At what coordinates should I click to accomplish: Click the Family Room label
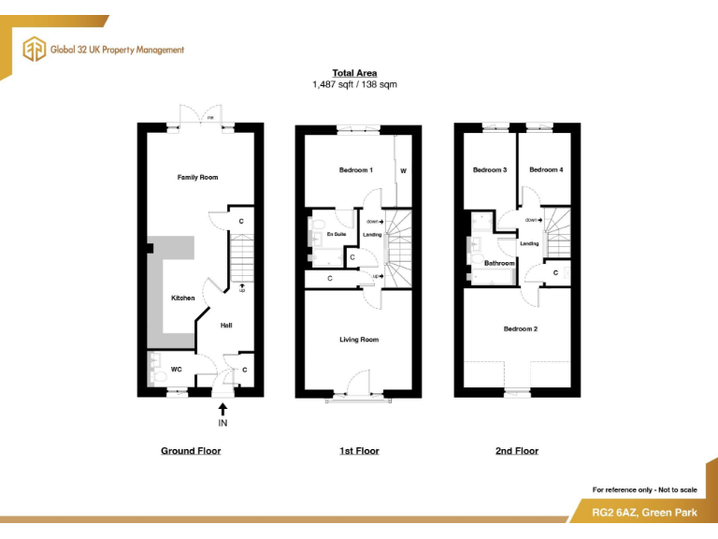click(197, 177)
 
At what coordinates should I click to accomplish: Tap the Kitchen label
click(182, 298)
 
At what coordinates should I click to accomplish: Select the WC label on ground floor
click(175, 370)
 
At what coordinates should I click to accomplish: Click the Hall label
click(226, 326)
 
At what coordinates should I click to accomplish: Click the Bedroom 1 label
click(356, 170)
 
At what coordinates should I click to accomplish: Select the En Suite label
click(337, 235)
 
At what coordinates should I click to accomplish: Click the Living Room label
click(359, 340)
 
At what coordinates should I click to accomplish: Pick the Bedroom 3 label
click(490, 170)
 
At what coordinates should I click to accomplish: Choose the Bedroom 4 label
click(546, 170)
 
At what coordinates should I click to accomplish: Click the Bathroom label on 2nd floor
click(499, 263)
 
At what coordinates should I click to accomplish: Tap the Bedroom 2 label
click(521, 328)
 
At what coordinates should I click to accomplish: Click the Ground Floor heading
click(191, 451)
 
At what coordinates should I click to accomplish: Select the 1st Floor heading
click(359, 451)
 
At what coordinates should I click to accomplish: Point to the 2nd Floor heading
click(517, 451)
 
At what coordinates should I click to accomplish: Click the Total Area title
click(355, 73)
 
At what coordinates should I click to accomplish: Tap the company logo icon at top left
click(35, 50)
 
